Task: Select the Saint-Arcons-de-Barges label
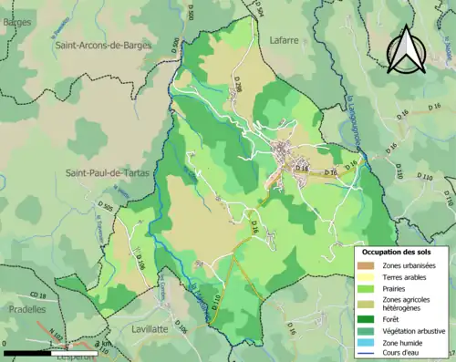102,42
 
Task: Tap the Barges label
16,22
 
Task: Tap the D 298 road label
238,85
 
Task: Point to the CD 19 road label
36,295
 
